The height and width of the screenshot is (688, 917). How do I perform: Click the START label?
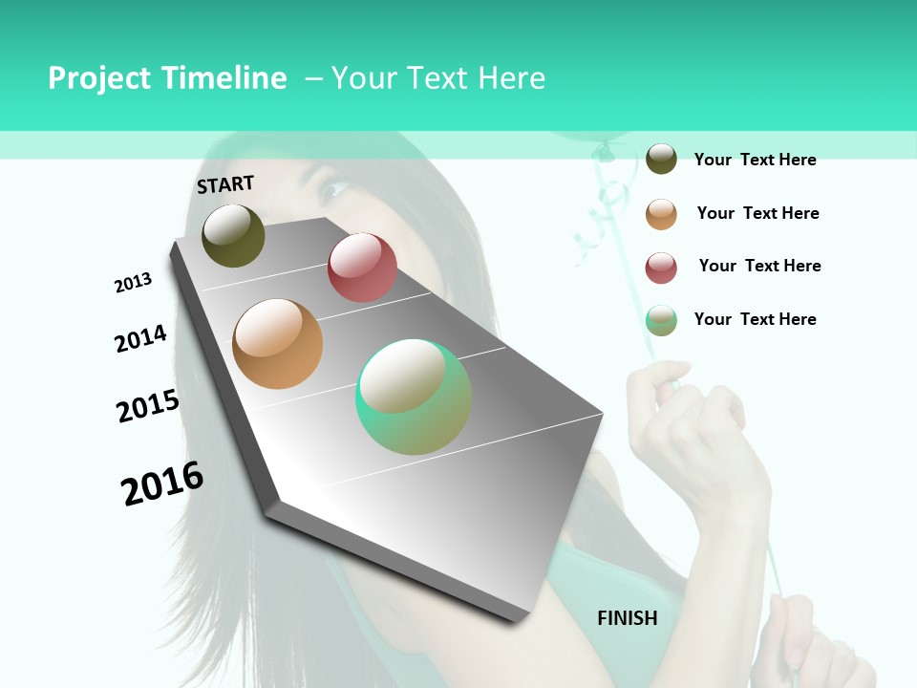coord(225,184)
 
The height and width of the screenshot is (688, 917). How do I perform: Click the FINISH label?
coord(627,618)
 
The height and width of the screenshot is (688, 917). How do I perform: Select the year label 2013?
coord(133,283)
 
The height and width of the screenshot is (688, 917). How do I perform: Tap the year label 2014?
coord(140,338)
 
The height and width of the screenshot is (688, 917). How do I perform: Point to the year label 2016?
coord(162,484)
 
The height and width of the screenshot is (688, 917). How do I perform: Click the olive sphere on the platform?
coord(233,235)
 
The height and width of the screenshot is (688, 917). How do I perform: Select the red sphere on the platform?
coord(362,268)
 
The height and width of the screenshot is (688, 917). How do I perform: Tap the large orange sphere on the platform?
coord(277,344)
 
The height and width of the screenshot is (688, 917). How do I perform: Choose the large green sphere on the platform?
coord(414,397)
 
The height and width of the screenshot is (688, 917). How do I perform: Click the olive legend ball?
coord(661,159)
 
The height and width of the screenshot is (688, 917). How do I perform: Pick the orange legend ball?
coord(661,213)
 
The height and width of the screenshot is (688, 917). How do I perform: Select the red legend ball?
coord(661,268)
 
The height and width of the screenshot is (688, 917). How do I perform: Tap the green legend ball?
coord(661,320)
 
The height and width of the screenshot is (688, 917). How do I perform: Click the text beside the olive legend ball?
coord(755,160)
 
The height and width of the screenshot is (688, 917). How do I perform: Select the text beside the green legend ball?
coord(755,319)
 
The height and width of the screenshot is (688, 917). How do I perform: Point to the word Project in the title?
coord(98,78)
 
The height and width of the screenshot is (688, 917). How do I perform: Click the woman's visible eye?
coord(335,188)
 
